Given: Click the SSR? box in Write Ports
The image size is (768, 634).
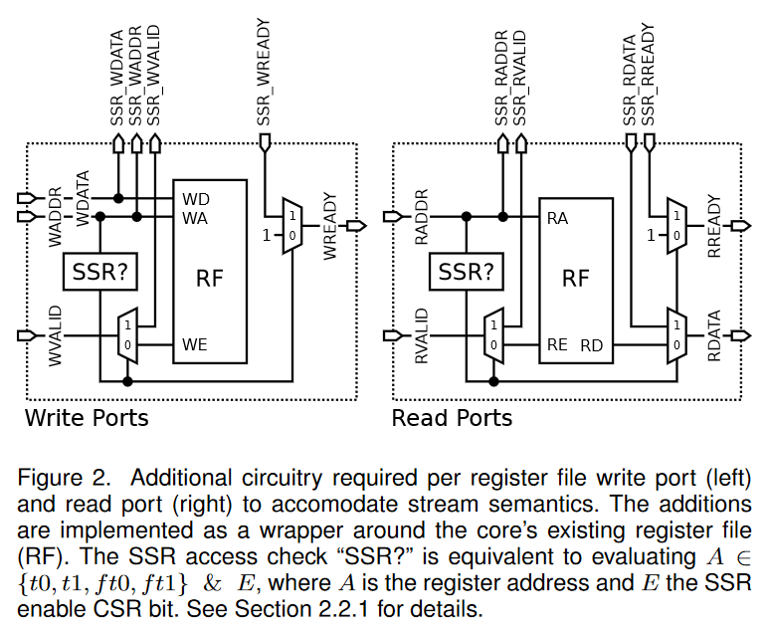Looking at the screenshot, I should click(99, 271).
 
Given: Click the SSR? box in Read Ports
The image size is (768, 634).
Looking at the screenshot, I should click(466, 271).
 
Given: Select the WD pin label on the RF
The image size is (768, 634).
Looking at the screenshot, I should click(195, 198).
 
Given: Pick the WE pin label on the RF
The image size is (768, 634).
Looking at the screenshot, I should click(195, 344).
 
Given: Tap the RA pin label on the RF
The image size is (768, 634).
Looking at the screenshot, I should click(558, 218).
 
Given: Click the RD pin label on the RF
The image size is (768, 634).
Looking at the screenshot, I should click(594, 345).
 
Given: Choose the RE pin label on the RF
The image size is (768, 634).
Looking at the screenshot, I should click(558, 345).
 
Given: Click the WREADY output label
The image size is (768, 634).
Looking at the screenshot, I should click(330, 227).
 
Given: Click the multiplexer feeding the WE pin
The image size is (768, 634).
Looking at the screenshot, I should click(127, 334).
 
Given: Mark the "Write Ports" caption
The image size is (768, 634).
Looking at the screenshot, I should click(87, 417).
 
